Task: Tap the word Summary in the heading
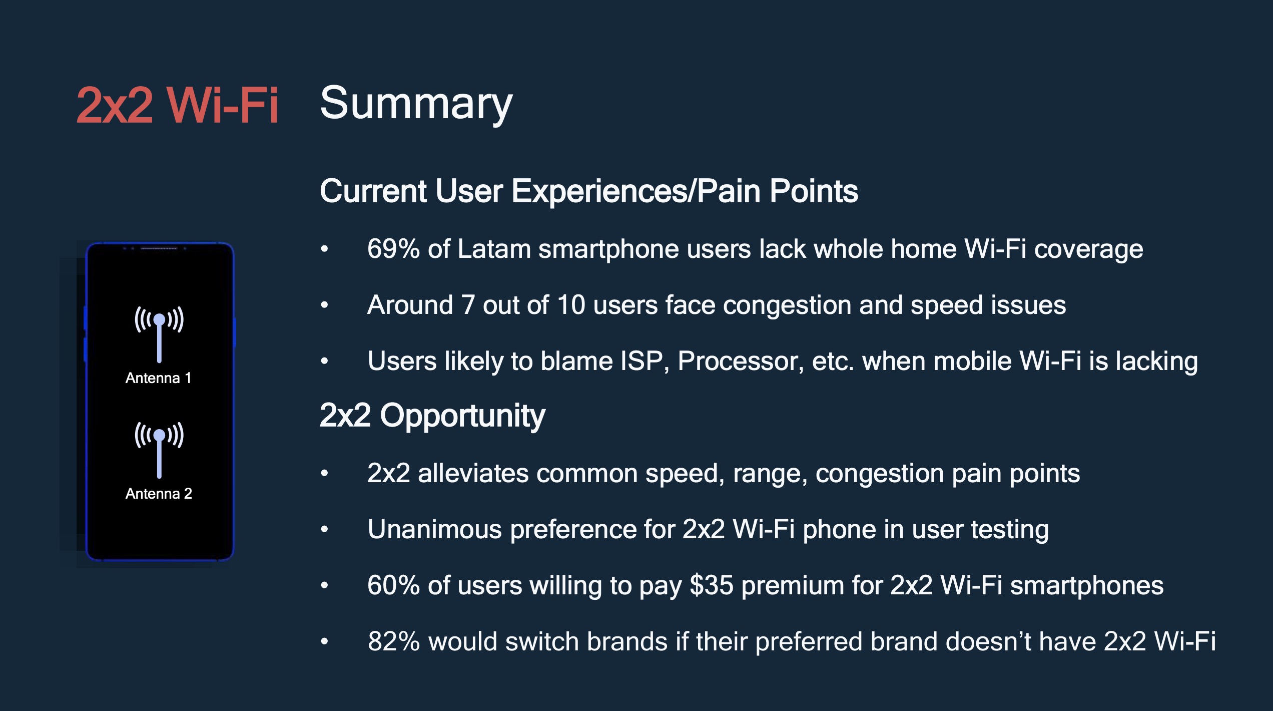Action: pyautogui.click(x=416, y=104)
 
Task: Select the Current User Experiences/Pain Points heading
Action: pyautogui.click(x=589, y=191)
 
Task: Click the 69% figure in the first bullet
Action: pyautogui.click(x=393, y=248)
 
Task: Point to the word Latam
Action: pyautogui.click(x=494, y=248)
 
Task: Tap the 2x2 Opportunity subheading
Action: pyautogui.click(x=432, y=416)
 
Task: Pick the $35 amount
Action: pyautogui.click(x=712, y=585)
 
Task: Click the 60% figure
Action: pyautogui.click(x=393, y=585)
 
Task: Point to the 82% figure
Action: pyautogui.click(x=394, y=641)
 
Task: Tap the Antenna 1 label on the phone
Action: pyautogui.click(x=158, y=378)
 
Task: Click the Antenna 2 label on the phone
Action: pyautogui.click(x=159, y=494)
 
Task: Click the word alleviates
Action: pyautogui.click(x=473, y=473)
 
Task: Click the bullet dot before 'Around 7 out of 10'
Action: pyautogui.click(x=324, y=305)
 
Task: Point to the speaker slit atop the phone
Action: pyautogui.click(x=159, y=248)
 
